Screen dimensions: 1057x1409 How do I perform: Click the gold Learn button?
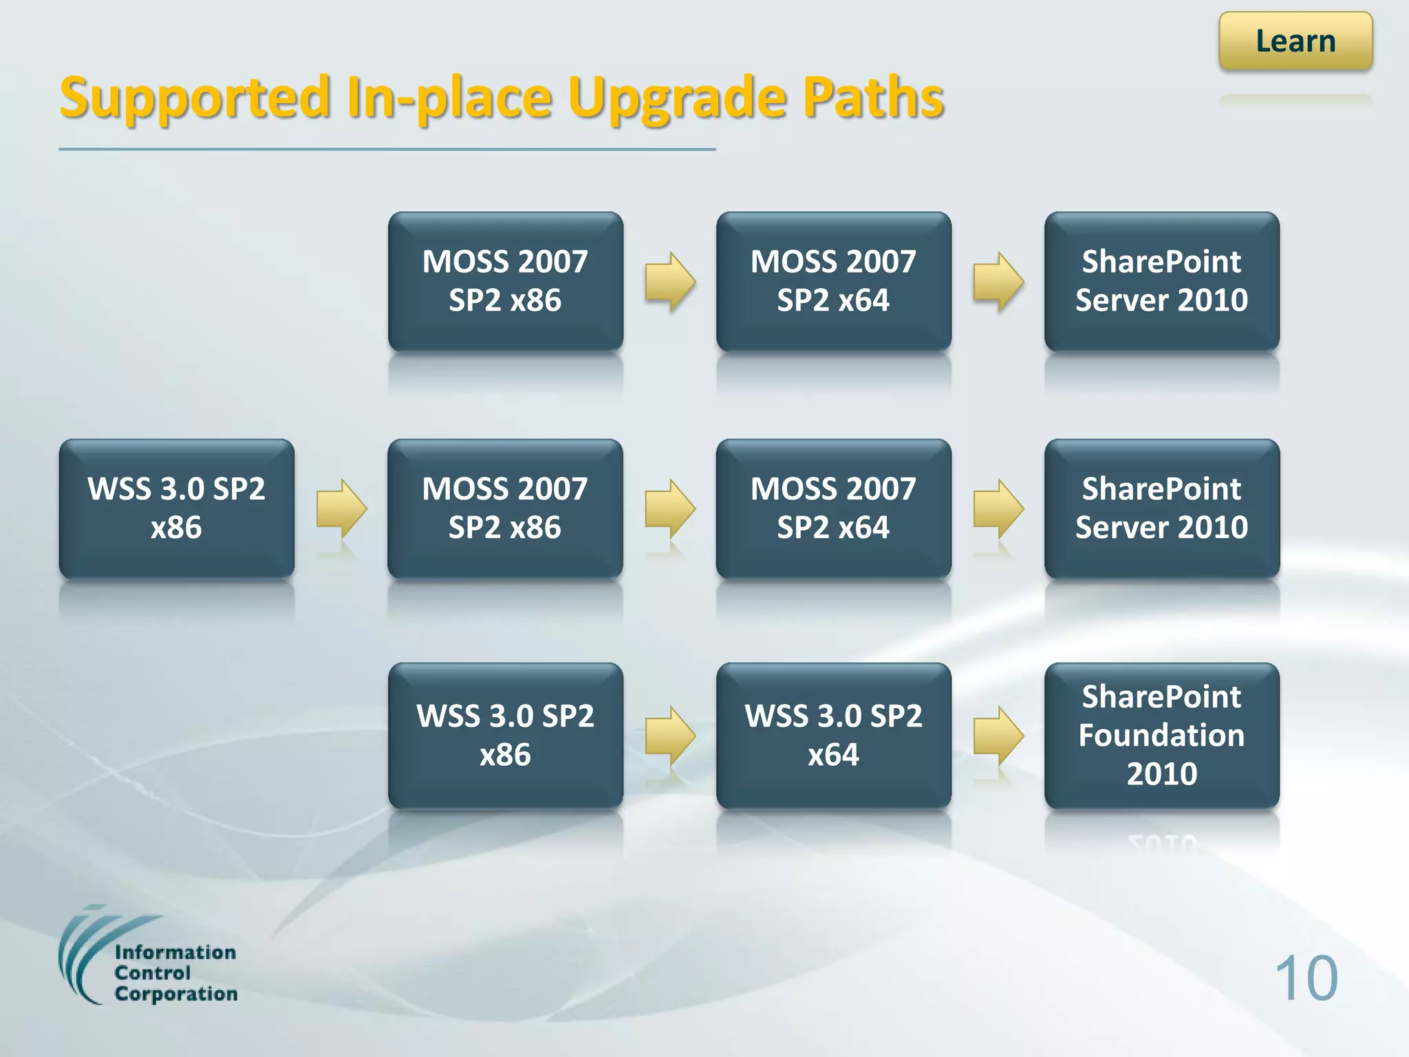tap(1295, 41)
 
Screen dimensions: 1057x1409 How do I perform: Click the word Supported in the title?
tap(195, 98)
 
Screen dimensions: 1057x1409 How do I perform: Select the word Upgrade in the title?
tap(677, 98)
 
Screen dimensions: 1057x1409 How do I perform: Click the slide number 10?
tap(1306, 978)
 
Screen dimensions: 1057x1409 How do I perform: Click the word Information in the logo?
tap(175, 952)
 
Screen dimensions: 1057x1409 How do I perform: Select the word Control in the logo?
tap(152, 973)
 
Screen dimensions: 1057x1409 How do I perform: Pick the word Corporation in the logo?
tap(176, 994)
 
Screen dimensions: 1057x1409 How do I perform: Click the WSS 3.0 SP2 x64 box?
tap(833, 735)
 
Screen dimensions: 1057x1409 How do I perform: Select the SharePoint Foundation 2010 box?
tap(1161, 735)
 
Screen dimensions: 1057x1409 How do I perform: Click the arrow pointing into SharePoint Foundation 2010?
tap(998, 736)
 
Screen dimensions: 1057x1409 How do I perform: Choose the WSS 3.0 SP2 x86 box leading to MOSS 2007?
tap(177, 509)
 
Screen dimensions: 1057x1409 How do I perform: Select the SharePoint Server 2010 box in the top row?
tap(1161, 281)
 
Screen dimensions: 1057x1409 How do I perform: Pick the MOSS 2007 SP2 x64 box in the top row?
tap(833, 281)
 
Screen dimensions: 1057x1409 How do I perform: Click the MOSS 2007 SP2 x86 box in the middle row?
tap(505, 509)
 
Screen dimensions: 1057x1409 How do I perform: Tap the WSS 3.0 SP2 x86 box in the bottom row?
tap(505, 735)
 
